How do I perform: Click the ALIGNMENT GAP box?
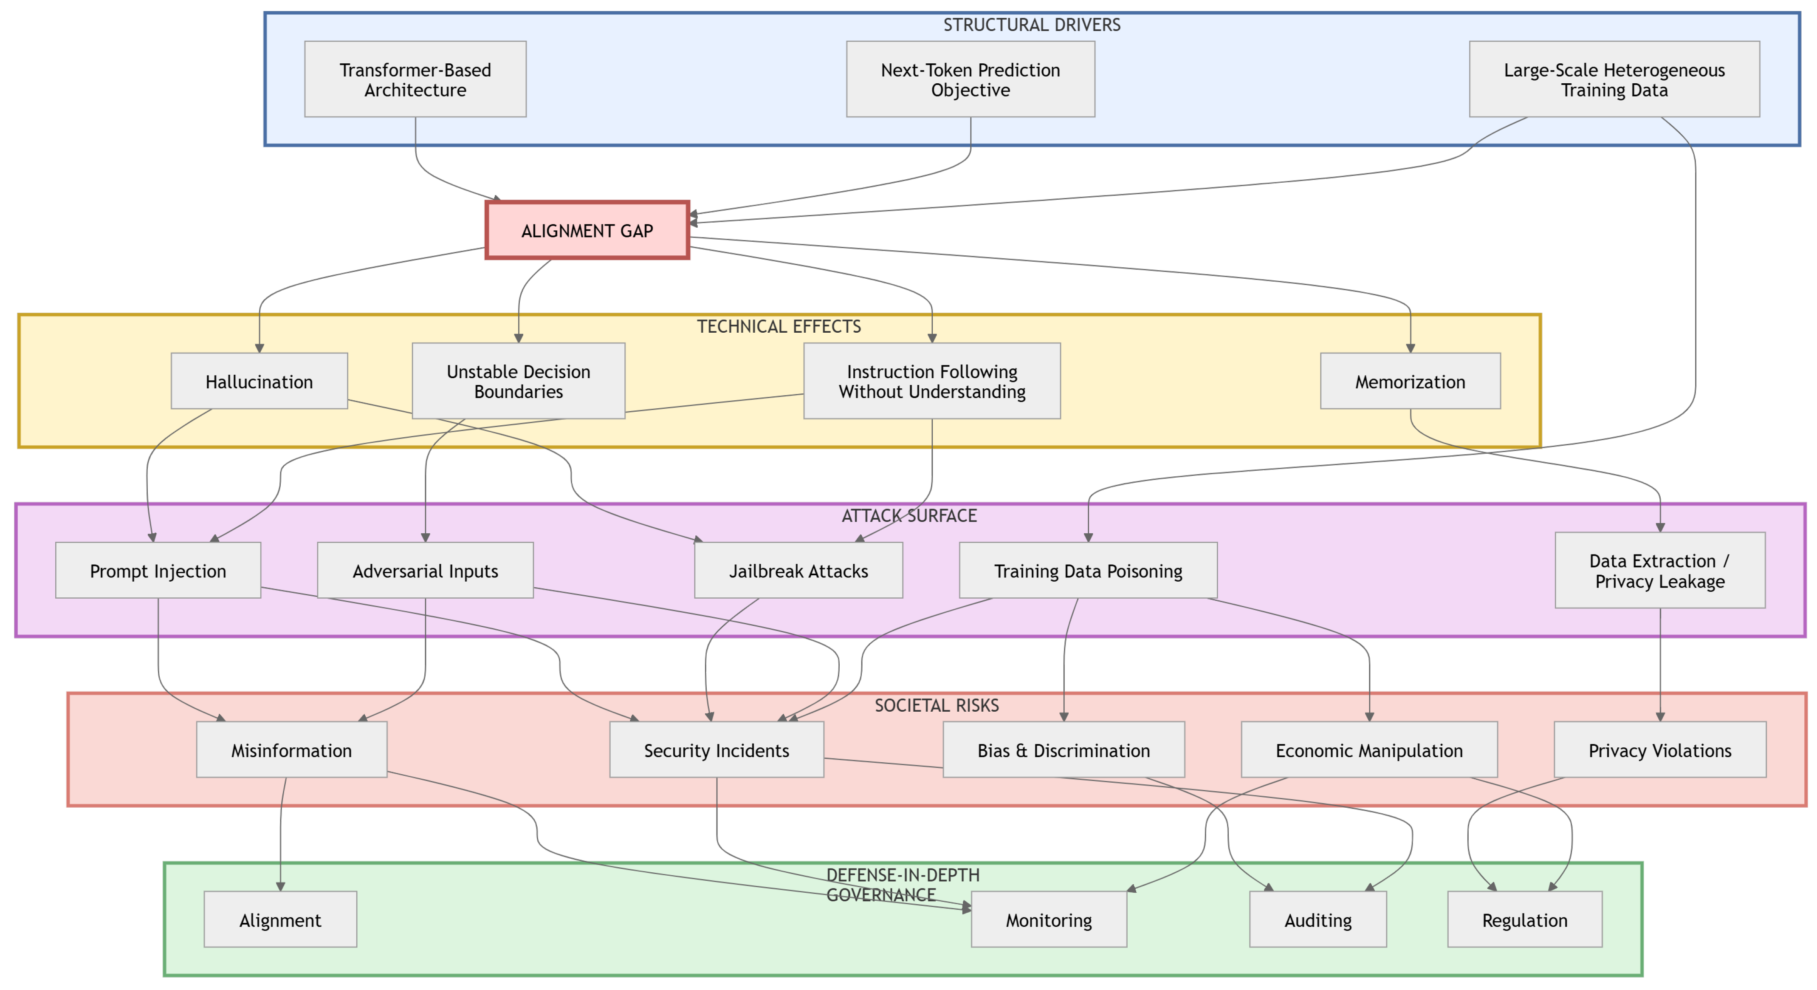pyautogui.click(x=587, y=231)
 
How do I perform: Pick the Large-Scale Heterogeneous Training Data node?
pyautogui.click(x=1614, y=79)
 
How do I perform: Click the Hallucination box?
pyautogui.click(x=259, y=381)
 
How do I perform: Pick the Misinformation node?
pyautogui.click(x=291, y=750)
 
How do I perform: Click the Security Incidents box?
pyautogui.click(x=716, y=750)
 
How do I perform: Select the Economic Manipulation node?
pyautogui.click(x=1368, y=750)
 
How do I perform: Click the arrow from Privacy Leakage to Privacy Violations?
pyautogui.click(x=1660, y=663)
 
